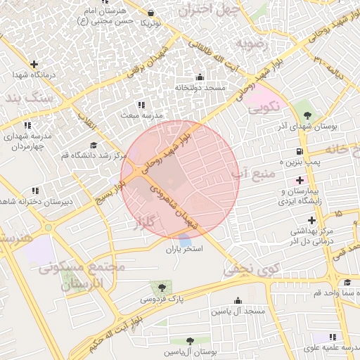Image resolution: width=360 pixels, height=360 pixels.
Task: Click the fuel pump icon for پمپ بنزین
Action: coord(300,151)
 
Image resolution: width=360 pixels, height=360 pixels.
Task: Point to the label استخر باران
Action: coord(184,250)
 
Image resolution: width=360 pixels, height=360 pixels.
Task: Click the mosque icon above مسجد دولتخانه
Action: coord(200,77)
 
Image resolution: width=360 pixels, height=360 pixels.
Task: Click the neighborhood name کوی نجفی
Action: coord(244,268)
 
